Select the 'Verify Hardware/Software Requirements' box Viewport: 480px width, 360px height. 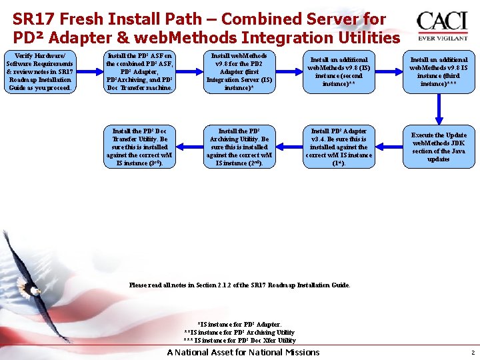click(x=39, y=72)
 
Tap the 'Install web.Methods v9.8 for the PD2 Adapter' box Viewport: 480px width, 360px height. click(x=239, y=72)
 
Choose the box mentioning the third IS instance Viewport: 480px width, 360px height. click(x=438, y=72)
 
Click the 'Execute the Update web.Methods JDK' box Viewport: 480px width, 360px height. click(x=438, y=147)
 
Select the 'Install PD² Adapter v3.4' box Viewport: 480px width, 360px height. click(x=338, y=147)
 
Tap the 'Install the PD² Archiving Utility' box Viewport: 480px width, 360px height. click(x=239, y=147)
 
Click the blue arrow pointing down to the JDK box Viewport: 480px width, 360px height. click(x=439, y=108)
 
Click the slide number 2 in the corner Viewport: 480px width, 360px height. click(x=472, y=353)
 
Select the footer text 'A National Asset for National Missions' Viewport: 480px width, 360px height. click(x=243, y=352)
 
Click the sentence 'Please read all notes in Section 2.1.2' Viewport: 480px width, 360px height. click(x=239, y=285)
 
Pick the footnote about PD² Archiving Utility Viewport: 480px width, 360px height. click(x=239, y=332)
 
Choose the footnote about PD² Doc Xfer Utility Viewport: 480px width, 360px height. click(x=239, y=340)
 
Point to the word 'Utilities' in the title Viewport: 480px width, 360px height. click(x=363, y=38)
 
